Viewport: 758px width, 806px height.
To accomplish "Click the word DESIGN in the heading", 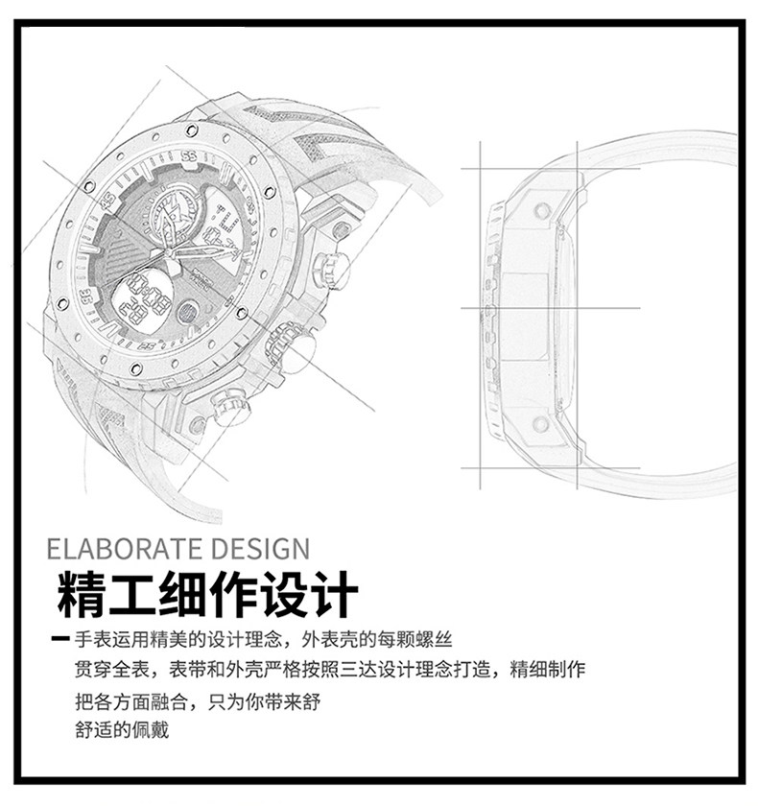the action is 258,550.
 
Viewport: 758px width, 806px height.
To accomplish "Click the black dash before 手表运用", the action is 60,640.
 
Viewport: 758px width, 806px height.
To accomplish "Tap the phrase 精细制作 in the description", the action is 548,669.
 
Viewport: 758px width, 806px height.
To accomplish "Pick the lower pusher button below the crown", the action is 226,410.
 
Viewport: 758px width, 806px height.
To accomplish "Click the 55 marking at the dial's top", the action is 187,155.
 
